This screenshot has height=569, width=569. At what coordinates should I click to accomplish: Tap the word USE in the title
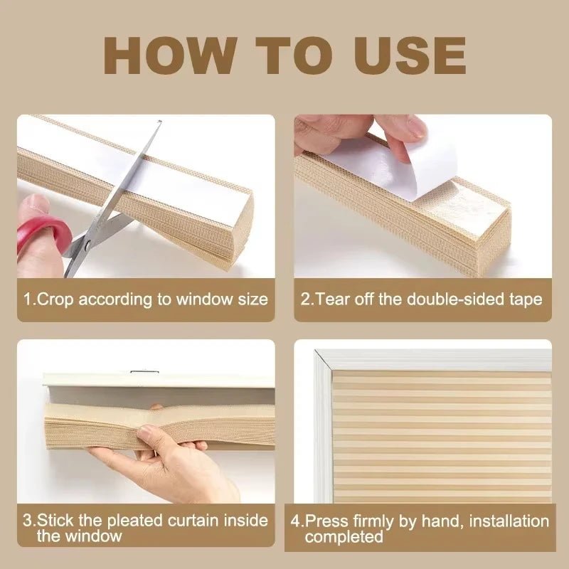pyautogui.click(x=404, y=54)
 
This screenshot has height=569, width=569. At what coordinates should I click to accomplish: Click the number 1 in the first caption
pyautogui.click(x=28, y=299)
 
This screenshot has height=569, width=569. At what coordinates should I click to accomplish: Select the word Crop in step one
pyautogui.click(x=55, y=299)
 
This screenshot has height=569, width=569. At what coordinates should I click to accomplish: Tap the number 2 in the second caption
pyautogui.click(x=306, y=299)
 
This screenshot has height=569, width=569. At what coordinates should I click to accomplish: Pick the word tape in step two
pyautogui.click(x=526, y=299)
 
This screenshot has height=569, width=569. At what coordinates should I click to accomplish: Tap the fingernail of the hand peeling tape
pyautogui.click(x=415, y=128)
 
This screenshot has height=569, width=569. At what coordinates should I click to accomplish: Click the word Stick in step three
pyautogui.click(x=55, y=521)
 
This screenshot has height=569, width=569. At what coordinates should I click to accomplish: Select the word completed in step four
pyautogui.click(x=344, y=538)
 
